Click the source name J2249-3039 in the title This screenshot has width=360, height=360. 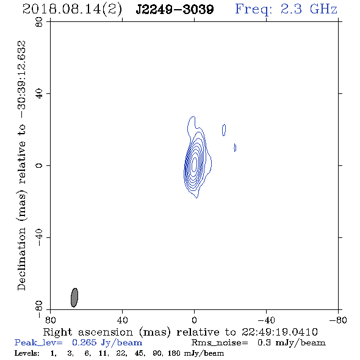(175, 9)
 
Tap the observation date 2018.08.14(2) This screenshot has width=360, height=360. (72, 10)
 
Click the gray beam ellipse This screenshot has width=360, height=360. (74, 297)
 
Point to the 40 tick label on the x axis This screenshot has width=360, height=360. (122, 320)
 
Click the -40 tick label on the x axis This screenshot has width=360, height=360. (266, 320)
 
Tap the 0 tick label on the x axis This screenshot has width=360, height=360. (194, 320)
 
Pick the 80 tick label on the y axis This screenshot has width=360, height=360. (39, 22)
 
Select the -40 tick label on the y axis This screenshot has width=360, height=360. (39, 237)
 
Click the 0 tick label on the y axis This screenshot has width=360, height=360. (39, 165)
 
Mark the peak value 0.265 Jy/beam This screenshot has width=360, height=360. (107, 343)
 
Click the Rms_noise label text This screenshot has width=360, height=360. (220, 343)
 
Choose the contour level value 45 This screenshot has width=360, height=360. (139, 353)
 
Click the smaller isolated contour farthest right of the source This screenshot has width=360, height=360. (235, 148)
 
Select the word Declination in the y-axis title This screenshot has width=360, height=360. (21, 259)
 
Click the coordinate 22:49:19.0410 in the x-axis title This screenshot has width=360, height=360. (279, 332)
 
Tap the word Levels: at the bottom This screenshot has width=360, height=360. (27, 353)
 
